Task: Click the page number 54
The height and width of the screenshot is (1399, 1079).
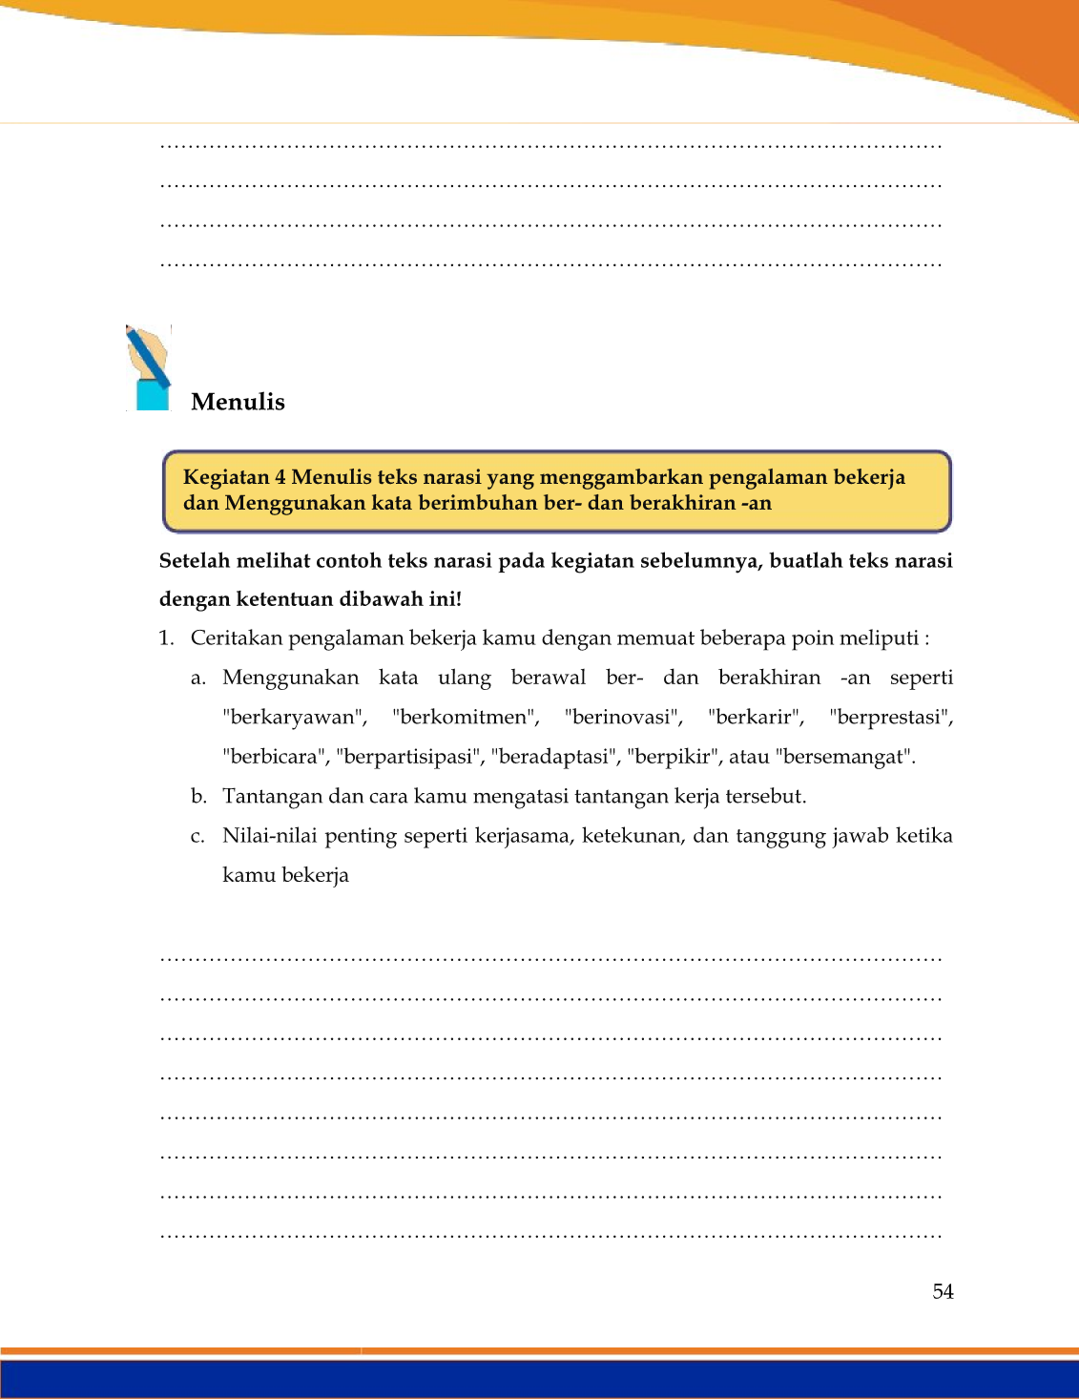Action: [x=943, y=1291]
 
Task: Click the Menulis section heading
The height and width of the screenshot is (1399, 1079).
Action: [x=238, y=402]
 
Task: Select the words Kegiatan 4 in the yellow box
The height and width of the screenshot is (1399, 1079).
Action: [x=234, y=477]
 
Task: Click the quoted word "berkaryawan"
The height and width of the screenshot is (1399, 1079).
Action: [x=295, y=718]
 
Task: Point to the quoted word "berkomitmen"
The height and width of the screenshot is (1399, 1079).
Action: [x=466, y=718]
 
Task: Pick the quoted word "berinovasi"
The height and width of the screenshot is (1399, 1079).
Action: [x=623, y=718]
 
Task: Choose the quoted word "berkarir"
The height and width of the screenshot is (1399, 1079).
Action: [x=757, y=718]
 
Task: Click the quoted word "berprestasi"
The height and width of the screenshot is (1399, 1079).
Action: [x=891, y=718]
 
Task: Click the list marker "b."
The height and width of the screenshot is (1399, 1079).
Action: [x=198, y=796]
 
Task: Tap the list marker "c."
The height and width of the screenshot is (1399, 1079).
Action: [x=197, y=836]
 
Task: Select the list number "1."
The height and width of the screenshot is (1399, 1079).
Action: [x=167, y=638]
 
